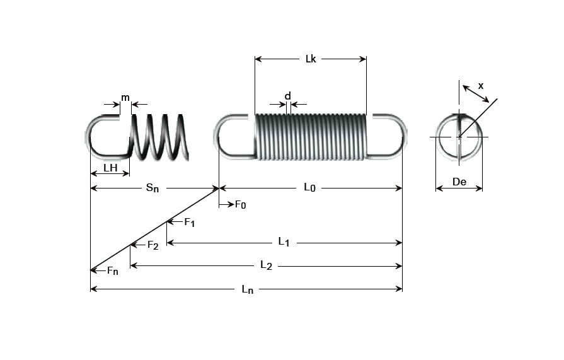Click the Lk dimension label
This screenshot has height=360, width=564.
(310, 59)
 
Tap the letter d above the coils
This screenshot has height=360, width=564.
(288, 96)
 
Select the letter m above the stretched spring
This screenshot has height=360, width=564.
(125, 97)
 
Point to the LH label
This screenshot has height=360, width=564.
(110, 168)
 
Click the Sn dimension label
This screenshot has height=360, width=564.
(153, 188)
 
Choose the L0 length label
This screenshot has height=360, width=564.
(309, 187)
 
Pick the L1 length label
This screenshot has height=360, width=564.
(284, 241)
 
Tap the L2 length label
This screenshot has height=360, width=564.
(266, 265)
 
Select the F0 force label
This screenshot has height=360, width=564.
(240, 205)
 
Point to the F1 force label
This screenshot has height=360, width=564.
(190, 222)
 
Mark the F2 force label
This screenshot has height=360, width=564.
(153, 245)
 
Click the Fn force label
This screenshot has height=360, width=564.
(112, 271)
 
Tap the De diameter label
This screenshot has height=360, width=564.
(459, 182)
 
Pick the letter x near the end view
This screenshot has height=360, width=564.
(481, 84)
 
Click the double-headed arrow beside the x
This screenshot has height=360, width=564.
(476, 94)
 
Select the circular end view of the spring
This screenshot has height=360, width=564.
(459, 136)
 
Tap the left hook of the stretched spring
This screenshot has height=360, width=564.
(101, 136)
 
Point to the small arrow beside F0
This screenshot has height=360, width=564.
(226, 205)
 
